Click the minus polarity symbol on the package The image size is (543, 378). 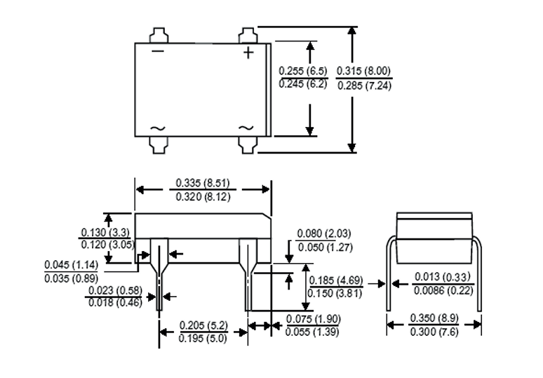pyautogui.click(x=158, y=52)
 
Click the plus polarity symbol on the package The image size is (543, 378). pyautogui.click(x=248, y=53)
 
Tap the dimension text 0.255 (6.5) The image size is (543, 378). pyautogui.click(x=303, y=71)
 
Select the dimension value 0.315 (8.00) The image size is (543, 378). pyautogui.click(x=363, y=71)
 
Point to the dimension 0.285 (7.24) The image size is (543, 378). pyautogui.click(x=364, y=86)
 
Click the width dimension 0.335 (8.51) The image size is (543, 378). pyautogui.click(x=203, y=183)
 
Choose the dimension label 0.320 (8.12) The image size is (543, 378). pyautogui.click(x=203, y=197)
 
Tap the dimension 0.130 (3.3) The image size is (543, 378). pyautogui.click(x=105, y=232)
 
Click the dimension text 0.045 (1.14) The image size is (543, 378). pyautogui.click(x=72, y=265)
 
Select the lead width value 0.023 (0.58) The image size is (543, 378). pyautogui.click(x=115, y=290)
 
